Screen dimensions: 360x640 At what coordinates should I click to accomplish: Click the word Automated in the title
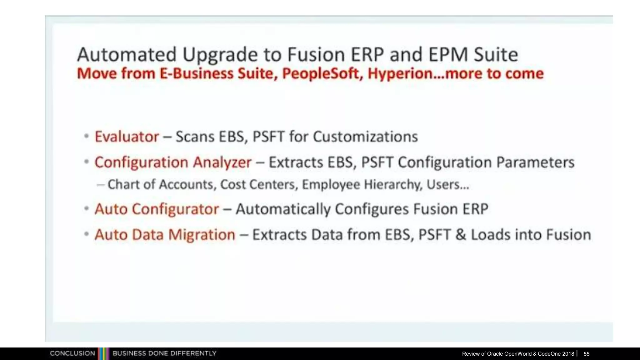(x=127, y=54)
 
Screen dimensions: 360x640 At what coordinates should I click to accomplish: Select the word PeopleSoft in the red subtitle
(x=322, y=74)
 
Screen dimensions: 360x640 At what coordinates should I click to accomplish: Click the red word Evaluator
(x=127, y=137)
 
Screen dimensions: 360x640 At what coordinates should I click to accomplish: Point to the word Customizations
(x=365, y=137)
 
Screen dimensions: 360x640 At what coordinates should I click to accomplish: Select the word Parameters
(x=535, y=162)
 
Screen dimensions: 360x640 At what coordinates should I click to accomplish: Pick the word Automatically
(x=283, y=209)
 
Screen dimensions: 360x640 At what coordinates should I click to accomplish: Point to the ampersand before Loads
(x=460, y=235)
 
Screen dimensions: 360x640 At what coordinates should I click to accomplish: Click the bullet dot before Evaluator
(x=87, y=136)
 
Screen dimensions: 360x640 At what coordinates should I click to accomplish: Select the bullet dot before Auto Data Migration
(x=87, y=234)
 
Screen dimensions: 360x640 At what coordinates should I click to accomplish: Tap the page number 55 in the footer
(x=586, y=354)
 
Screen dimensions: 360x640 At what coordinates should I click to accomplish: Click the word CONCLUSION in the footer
(x=72, y=353)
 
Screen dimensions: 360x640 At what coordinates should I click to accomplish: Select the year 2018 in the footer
(x=568, y=354)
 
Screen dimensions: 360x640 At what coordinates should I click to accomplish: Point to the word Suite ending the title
(x=496, y=54)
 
